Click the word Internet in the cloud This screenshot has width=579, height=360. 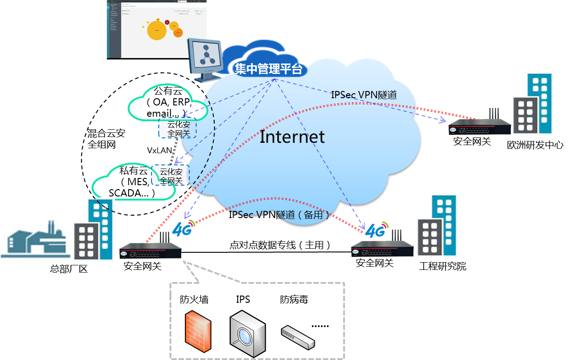tap(292, 137)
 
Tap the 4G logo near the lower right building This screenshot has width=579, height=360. tap(377, 230)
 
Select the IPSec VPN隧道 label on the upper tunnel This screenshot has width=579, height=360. tap(364, 95)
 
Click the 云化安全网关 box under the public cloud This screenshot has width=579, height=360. tap(178, 129)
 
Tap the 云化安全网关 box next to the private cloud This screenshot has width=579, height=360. tap(170, 176)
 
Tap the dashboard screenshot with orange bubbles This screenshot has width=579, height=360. tap(156, 29)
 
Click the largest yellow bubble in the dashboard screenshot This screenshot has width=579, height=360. tap(157, 31)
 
